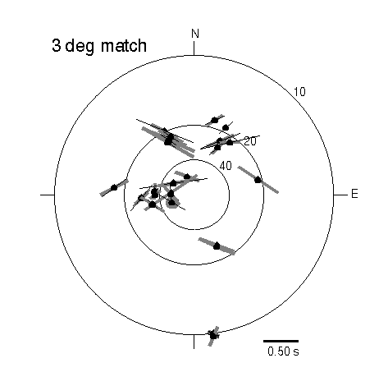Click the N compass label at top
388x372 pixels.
pyautogui.click(x=195, y=34)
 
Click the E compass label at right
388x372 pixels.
pyautogui.click(x=354, y=194)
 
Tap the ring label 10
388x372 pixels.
pyautogui.click(x=299, y=92)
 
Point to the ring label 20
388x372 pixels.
pyautogui.click(x=250, y=141)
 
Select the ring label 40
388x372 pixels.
pyautogui.click(x=226, y=166)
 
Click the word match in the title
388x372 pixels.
pyautogui.click(x=124, y=45)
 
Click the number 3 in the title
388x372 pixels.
pyautogui.click(x=56, y=45)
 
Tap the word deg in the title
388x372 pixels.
pyautogui.click(x=80, y=47)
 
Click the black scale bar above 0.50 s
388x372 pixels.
pyautogui.click(x=281, y=341)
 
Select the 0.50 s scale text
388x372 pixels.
pyautogui.click(x=283, y=351)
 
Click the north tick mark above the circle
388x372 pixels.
pyautogui.click(x=194, y=48)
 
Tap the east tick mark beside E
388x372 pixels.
pyautogui.click(x=340, y=195)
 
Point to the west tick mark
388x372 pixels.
pyautogui.click(x=48, y=195)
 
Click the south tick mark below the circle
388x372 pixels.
pyautogui.click(x=194, y=342)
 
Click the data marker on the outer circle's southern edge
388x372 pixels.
pyautogui.click(x=213, y=334)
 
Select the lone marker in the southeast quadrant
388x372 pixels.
pyautogui.click(x=217, y=246)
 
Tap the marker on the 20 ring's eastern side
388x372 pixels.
pyautogui.click(x=258, y=180)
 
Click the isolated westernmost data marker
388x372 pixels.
pyautogui.click(x=114, y=187)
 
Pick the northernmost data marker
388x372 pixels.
pyautogui.click(x=215, y=120)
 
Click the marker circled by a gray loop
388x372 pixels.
pyautogui.click(x=171, y=202)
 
